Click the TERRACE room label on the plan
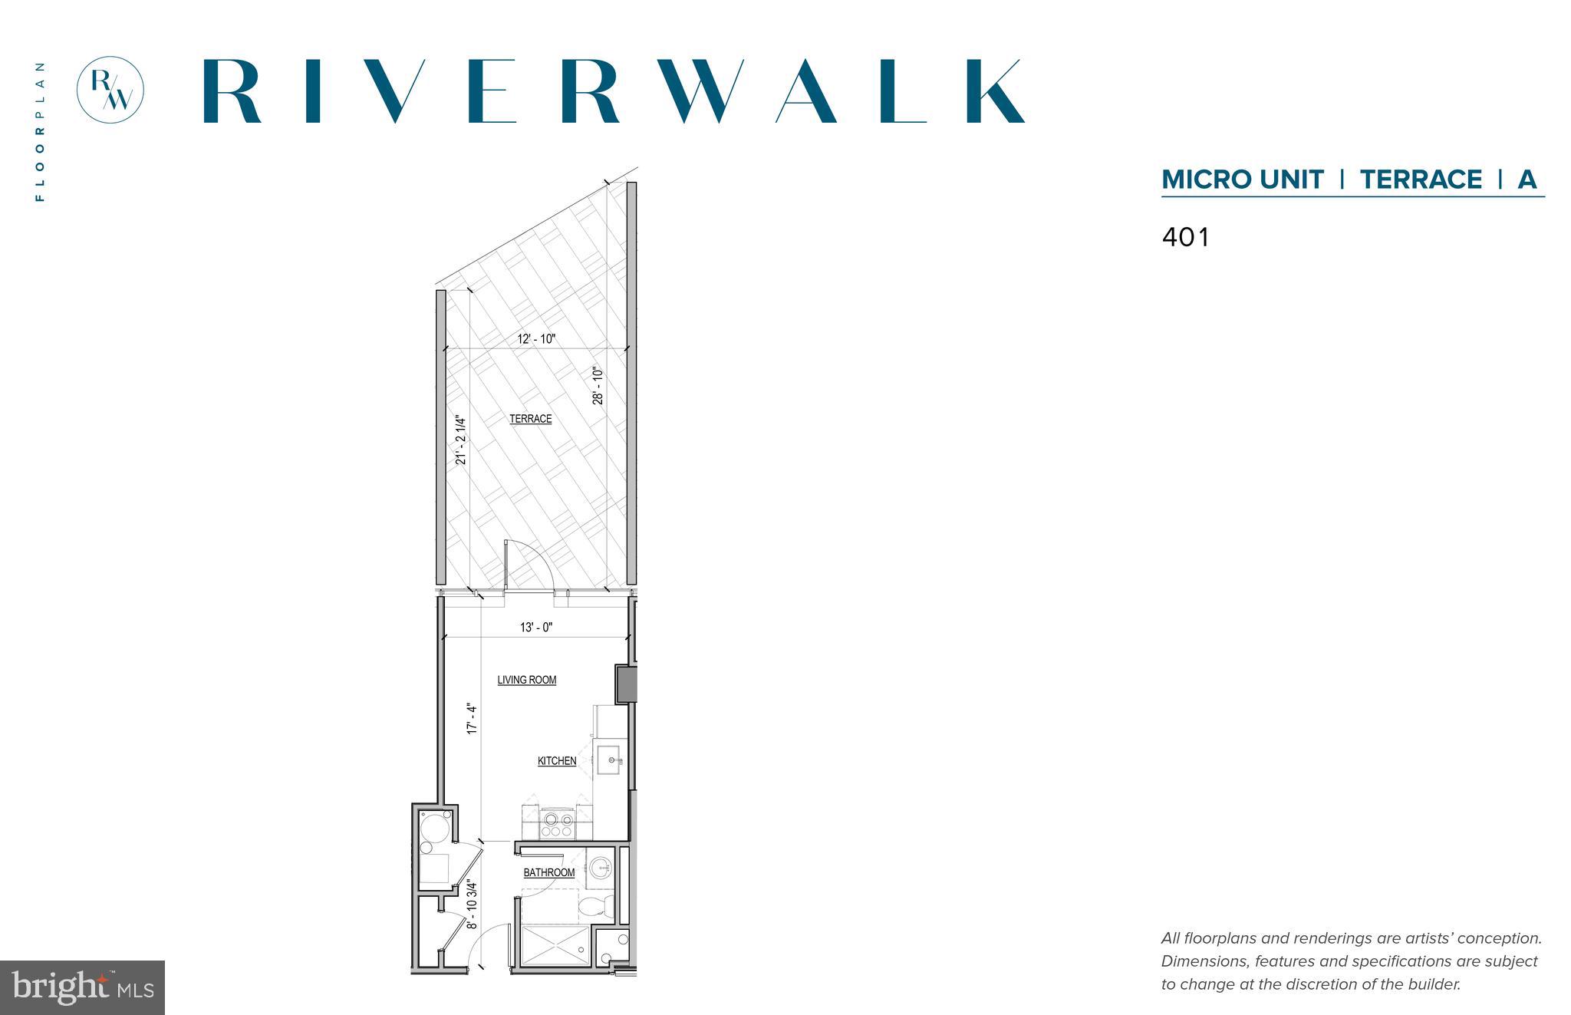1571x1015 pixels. point(530,419)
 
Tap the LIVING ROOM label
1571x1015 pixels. point(526,680)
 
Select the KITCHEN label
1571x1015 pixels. point(556,761)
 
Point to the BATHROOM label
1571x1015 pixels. point(548,872)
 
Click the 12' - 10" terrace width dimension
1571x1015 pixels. point(535,339)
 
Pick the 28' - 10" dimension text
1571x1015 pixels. point(598,385)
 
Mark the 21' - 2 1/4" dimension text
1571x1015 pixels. point(461,440)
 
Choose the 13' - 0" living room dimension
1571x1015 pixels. point(535,628)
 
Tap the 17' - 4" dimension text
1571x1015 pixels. point(473,720)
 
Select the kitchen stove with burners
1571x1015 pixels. point(556,825)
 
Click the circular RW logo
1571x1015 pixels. point(110,89)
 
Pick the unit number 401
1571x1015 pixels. point(1185,237)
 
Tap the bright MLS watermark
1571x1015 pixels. point(82,987)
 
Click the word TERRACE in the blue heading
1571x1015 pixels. point(1421,180)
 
